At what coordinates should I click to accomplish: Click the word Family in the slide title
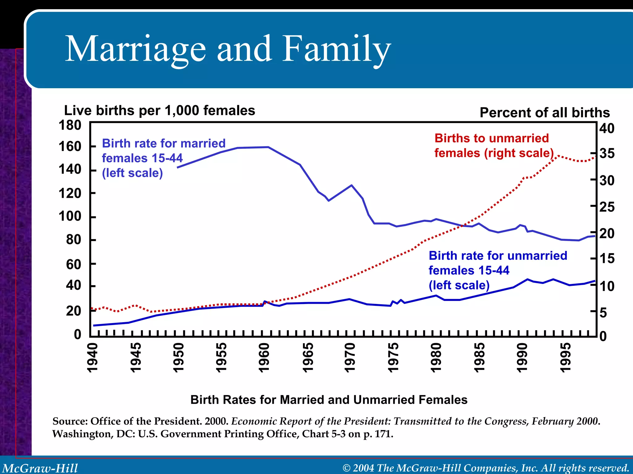pyautogui.click(x=337, y=49)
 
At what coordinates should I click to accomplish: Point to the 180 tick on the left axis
pyautogui.click(x=70, y=126)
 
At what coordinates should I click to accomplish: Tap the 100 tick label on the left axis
pyautogui.click(x=70, y=216)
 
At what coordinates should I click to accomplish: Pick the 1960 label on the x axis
pyautogui.click(x=264, y=358)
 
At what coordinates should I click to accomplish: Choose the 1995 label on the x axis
pyautogui.click(x=565, y=358)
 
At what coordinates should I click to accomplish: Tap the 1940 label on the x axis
pyautogui.click(x=92, y=358)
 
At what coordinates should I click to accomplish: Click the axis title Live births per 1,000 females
pyautogui.click(x=159, y=110)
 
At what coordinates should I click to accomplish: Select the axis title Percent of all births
pyautogui.click(x=545, y=113)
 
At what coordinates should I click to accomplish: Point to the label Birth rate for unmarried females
pyautogui.click(x=498, y=270)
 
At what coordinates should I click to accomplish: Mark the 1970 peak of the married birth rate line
pyautogui.click(x=351, y=185)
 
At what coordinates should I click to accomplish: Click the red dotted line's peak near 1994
pyautogui.click(x=558, y=156)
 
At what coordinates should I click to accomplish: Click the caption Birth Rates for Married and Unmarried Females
pyautogui.click(x=329, y=400)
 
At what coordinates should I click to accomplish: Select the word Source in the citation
pyautogui.click(x=70, y=421)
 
